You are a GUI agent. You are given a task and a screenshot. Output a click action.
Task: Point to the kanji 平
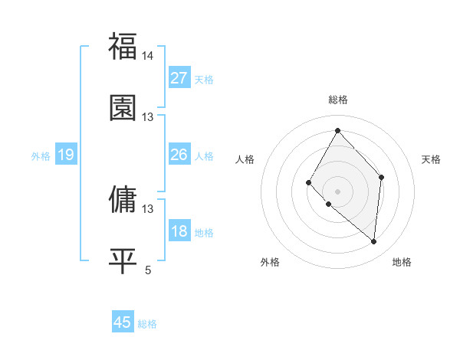[x=123, y=260]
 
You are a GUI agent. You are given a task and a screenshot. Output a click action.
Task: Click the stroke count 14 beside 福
[x=148, y=56]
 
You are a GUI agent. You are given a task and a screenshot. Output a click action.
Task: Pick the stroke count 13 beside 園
[x=148, y=117]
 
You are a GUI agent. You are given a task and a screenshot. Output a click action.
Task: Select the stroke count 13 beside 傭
[x=148, y=208]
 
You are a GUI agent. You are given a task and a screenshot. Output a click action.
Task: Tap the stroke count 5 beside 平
[x=149, y=270]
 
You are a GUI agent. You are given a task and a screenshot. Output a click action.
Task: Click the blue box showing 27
[x=179, y=78]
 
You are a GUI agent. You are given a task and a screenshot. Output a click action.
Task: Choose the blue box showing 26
[x=179, y=155]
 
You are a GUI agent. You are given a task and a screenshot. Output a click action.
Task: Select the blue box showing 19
[x=66, y=155]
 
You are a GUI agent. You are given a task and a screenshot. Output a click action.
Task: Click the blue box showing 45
[x=123, y=322]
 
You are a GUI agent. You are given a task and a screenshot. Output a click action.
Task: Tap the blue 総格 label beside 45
[x=147, y=324]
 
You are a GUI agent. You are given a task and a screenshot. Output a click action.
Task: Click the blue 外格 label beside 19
[x=41, y=156]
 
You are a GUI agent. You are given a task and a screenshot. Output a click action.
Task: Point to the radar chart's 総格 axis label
[x=338, y=100]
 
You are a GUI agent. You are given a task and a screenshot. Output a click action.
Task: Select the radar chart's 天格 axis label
[x=431, y=159]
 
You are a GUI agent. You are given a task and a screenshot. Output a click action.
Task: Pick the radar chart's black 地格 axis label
[x=402, y=262]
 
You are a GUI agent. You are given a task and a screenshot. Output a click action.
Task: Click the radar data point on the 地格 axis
[x=374, y=241]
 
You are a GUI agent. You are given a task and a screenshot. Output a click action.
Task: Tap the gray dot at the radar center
[x=337, y=191]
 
